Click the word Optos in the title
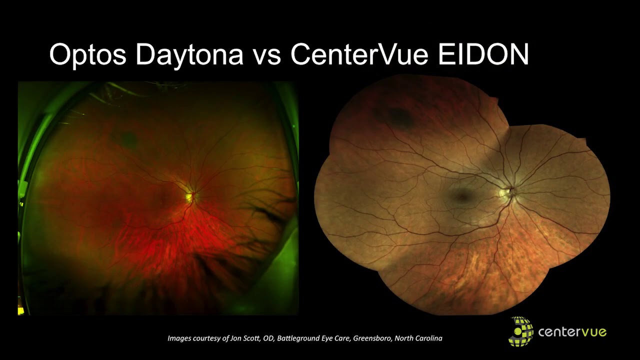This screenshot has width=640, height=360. coord(87,55)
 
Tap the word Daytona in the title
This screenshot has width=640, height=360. coord(189,55)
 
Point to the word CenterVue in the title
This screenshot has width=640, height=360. coord(359,55)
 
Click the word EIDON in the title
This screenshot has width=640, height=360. coord(483,55)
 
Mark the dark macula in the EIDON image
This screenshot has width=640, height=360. coord(462,195)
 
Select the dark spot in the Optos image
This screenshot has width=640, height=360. coord(129,139)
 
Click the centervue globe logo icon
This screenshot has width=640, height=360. coord(520,331)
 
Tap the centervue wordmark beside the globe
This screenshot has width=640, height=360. coord(572,331)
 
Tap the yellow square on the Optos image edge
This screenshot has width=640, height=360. coord(21,311)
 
